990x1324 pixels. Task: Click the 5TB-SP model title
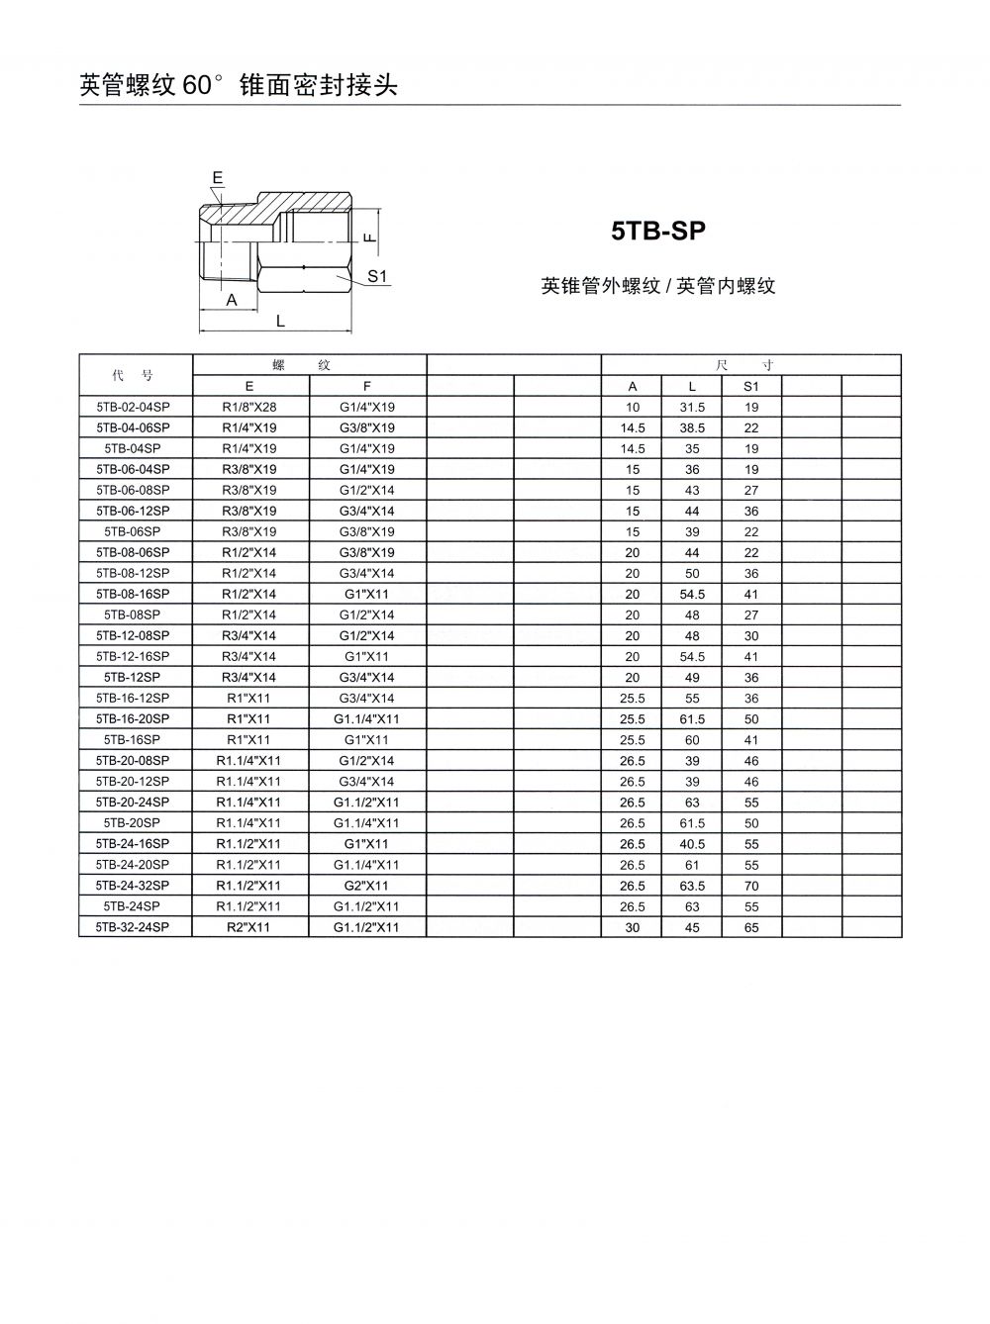click(658, 232)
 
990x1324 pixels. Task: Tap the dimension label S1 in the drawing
click(377, 276)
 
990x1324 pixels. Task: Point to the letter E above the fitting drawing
click(218, 178)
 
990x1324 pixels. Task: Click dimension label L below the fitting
click(280, 321)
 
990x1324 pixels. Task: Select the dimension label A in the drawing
click(232, 300)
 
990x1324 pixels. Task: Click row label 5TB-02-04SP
click(134, 407)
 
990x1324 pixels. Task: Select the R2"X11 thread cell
click(248, 927)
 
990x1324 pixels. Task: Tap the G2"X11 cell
click(366, 886)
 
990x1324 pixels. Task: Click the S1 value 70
click(751, 886)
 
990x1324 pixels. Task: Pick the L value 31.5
click(692, 407)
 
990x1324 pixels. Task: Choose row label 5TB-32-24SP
click(134, 927)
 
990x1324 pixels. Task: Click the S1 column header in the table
click(751, 386)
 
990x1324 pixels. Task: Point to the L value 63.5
click(692, 886)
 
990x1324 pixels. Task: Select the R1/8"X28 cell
click(248, 407)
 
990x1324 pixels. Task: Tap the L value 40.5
click(692, 844)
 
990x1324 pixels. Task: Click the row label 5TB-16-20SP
click(134, 719)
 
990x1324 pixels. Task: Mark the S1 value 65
click(751, 927)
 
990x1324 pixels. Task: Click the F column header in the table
click(366, 386)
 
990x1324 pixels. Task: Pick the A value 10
click(633, 407)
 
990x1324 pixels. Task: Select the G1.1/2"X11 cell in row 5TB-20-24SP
click(366, 803)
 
